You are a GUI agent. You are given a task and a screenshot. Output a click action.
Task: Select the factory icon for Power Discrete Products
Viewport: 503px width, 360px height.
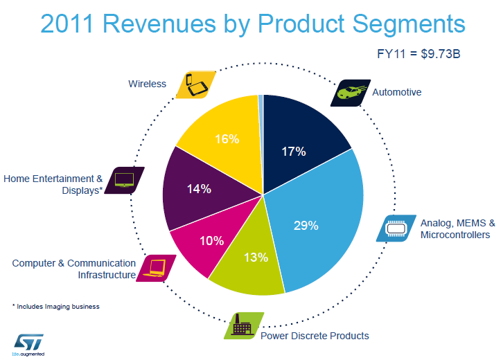pos(243,325)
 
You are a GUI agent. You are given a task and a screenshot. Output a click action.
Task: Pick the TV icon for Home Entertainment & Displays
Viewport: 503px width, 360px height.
pos(125,179)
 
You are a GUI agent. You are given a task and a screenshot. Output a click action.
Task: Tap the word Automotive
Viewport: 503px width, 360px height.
pos(397,92)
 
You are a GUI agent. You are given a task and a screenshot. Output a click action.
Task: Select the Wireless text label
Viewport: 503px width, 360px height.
pos(148,84)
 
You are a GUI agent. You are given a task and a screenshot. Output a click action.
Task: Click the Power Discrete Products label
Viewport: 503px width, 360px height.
pos(315,336)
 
